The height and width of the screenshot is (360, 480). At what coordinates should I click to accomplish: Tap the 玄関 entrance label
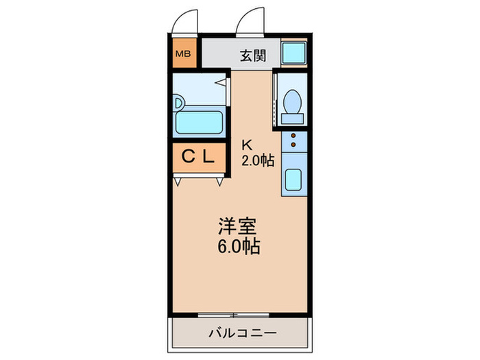pos(253,56)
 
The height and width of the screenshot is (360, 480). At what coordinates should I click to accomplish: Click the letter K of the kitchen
pos(246,145)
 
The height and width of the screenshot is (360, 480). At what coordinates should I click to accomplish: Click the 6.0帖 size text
pos(238,247)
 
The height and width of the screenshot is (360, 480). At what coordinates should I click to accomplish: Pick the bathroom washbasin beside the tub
pos(179,103)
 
